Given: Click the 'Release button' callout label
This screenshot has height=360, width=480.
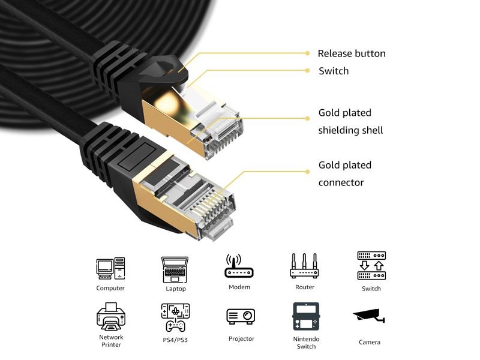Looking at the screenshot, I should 351,53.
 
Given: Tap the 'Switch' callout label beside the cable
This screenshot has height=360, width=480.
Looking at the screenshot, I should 333,71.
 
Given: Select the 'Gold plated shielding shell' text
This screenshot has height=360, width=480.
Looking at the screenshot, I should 350,121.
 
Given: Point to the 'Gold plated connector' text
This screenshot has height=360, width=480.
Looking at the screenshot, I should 344,173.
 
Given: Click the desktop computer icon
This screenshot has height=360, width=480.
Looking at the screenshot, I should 110,268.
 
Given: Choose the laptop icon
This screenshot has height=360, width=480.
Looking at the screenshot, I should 175,269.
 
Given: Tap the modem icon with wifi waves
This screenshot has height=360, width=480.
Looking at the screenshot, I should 239,267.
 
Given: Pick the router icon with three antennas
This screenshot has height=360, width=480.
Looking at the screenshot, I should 304,266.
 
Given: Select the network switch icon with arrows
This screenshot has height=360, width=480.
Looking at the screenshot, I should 371,266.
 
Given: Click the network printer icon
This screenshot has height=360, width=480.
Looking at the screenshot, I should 111,316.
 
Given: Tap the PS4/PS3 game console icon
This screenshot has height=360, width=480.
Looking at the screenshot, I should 175,317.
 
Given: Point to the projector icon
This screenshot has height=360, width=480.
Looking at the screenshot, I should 241,316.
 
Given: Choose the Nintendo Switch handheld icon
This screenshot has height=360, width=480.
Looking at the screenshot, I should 305,316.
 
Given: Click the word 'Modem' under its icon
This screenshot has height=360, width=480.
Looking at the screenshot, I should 239,287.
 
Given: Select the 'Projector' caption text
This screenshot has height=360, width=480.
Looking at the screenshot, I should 241,339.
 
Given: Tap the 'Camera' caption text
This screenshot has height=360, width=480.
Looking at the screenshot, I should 370,342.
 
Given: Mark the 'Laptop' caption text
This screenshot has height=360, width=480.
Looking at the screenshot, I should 176,289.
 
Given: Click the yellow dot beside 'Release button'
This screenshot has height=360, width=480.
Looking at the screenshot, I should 307,53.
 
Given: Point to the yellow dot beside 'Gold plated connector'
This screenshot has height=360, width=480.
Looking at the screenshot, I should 307,170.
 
